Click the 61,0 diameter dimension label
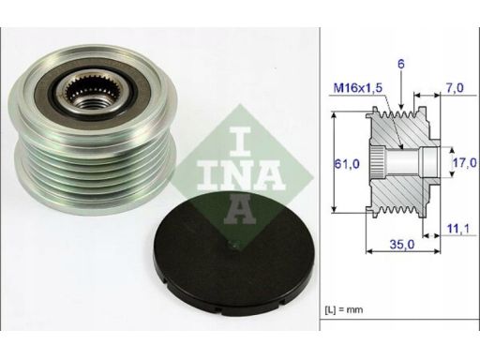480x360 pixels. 347,164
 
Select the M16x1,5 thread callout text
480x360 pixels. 358,88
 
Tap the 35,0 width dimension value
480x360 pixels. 402,244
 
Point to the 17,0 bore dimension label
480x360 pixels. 465,162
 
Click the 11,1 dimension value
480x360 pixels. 457,229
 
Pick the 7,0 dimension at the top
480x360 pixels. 455,88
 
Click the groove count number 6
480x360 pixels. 401,64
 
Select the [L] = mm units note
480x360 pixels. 344,310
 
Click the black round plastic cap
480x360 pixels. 232,254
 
